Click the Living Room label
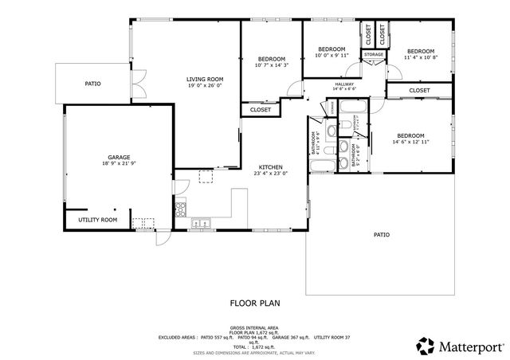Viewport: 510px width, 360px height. tap(205, 79)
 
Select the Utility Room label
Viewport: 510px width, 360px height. tap(97, 220)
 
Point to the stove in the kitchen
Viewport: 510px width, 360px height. tap(181, 211)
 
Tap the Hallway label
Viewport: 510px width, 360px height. tap(344, 84)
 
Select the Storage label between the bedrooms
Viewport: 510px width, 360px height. tap(374, 54)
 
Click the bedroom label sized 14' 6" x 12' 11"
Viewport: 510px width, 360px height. tap(410, 135)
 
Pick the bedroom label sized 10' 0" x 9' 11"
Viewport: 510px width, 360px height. tap(331, 49)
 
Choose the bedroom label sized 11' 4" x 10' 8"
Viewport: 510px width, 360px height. tap(420, 51)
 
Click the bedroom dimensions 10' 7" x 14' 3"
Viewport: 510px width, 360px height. tap(271, 66)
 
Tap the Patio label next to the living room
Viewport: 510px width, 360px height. tap(93, 84)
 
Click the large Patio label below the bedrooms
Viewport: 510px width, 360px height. tap(382, 234)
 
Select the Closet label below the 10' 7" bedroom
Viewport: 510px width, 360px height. tap(261, 110)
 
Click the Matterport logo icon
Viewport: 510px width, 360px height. tap(426, 346)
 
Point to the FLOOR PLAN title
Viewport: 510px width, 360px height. tap(255, 303)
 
